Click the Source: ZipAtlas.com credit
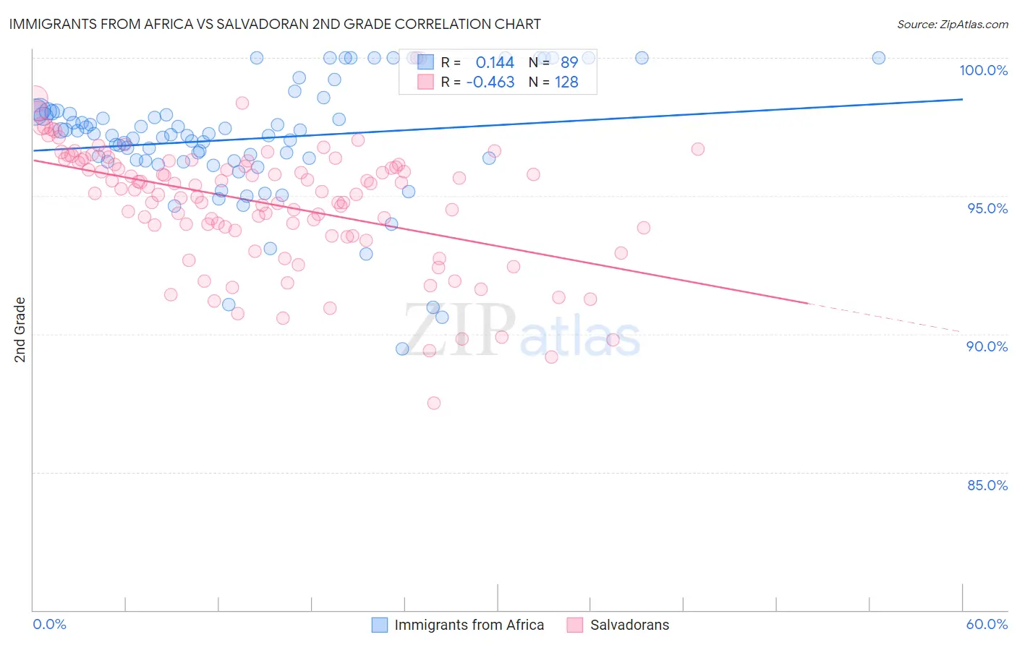point(952,24)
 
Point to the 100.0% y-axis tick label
point(983,70)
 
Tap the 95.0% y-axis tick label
point(987,208)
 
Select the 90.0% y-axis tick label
point(987,346)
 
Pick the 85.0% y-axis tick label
point(987,485)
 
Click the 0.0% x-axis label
point(49,624)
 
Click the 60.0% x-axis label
point(987,624)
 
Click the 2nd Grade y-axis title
point(20,330)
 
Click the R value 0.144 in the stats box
point(495,63)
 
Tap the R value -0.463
point(490,82)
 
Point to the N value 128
point(566,82)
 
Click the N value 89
point(569,63)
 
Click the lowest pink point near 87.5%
point(434,403)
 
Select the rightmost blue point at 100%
point(879,58)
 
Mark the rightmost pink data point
point(698,149)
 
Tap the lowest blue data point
point(403,349)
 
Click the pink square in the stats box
point(425,82)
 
